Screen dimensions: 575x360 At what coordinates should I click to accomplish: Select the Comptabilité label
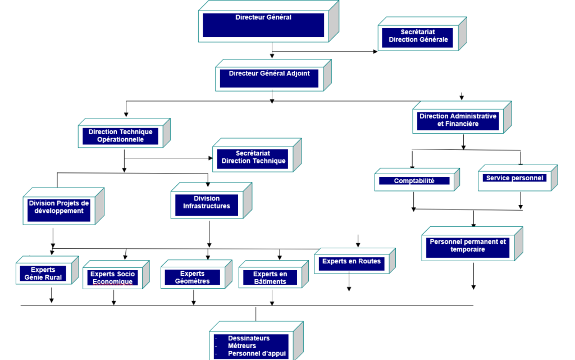414,181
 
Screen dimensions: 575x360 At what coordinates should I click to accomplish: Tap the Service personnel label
514,178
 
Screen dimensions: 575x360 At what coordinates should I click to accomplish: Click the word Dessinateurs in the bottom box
249,338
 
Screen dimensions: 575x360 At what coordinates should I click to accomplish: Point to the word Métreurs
242,346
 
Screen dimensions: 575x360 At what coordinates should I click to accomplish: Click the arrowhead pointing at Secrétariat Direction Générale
375,52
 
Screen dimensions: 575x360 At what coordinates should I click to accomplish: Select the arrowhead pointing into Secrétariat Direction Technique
211,158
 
